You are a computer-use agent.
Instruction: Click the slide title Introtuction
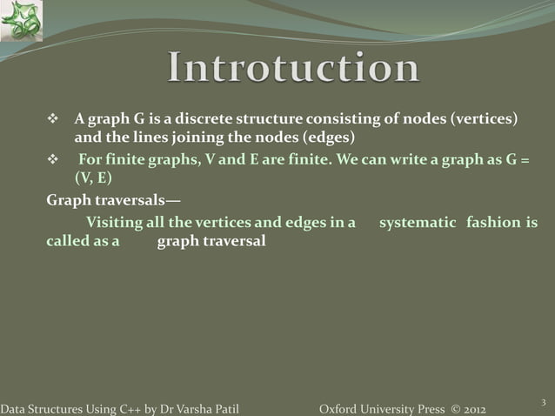point(293,69)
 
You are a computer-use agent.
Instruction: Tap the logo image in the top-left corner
point(21,21)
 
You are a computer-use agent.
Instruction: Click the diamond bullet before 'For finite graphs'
point(51,161)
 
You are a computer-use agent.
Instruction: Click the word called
point(66,241)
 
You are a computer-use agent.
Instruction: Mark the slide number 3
point(543,401)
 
